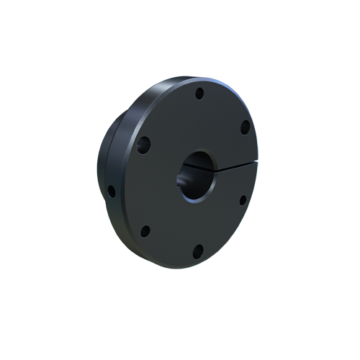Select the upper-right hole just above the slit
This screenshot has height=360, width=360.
[245, 127]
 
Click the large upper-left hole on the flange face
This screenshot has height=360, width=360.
[145, 145]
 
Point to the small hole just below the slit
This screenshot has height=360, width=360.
[243, 199]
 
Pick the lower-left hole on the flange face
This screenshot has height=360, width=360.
[145, 231]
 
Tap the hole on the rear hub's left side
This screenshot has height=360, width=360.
[112, 192]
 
